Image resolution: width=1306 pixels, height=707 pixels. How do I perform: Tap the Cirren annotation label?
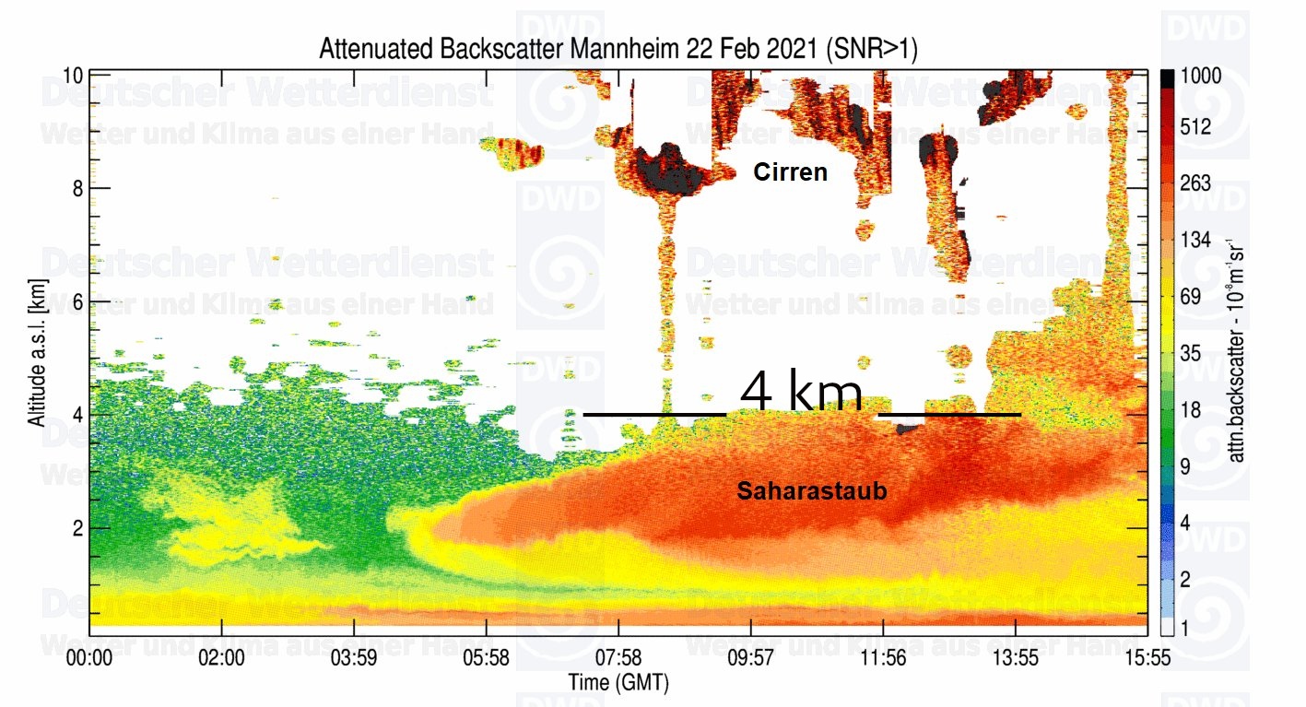(x=790, y=171)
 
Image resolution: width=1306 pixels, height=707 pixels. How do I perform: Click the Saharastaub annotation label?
(x=811, y=491)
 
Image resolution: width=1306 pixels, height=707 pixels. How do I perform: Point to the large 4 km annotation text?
(x=801, y=394)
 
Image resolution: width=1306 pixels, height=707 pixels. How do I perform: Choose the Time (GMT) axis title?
(x=618, y=683)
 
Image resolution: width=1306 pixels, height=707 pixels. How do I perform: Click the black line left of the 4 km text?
(x=654, y=415)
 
